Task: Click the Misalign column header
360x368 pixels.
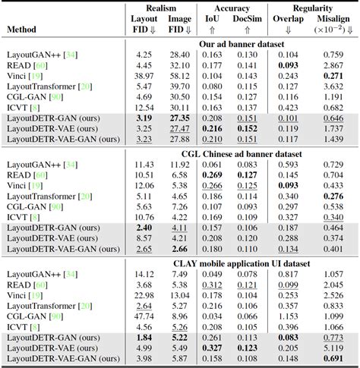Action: pyautogui.click(x=331, y=18)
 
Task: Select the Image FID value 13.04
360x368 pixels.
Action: pyautogui.click(x=180, y=294)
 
